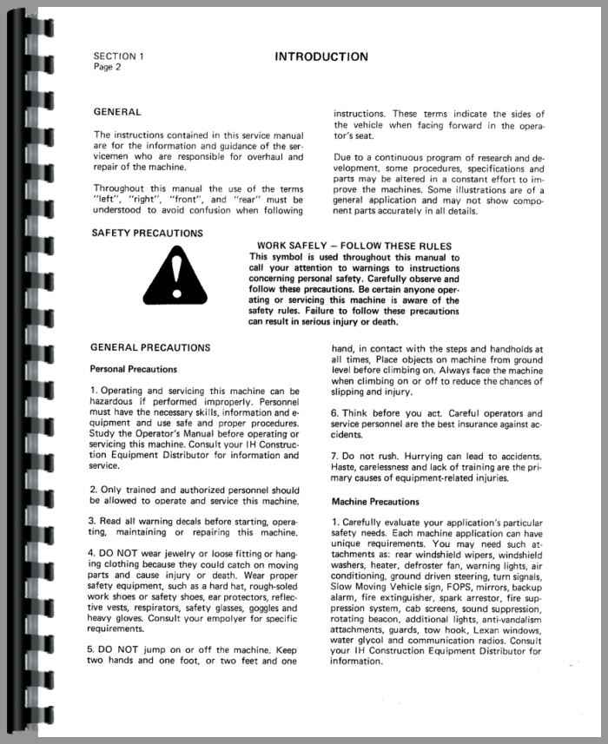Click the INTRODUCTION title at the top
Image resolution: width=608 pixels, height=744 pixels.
pos(321,57)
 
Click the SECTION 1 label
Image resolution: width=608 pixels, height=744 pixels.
pos(119,56)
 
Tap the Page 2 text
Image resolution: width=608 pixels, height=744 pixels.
pos(107,67)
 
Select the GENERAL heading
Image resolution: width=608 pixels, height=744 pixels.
pos(116,112)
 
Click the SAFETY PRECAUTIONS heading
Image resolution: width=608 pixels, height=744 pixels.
pos(147,233)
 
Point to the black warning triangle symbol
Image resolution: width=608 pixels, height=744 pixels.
pos(175,272)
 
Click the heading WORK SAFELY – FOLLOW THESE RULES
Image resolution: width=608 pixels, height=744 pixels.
pos(354,246)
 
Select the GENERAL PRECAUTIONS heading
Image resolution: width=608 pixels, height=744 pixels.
pos(149,347)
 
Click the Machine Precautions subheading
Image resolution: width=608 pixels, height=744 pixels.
pos(375,502)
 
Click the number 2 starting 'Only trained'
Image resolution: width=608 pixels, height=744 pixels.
pos(93,490)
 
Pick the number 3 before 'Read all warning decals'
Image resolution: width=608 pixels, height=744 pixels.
pos(93,521)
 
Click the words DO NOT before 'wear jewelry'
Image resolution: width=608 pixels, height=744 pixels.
pos(116,553)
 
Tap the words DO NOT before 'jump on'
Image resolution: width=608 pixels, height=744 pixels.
pos(116,649)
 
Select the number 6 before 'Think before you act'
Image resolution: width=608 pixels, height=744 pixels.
pos(334,413)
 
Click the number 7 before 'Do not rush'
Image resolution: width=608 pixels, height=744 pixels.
pos(334,456)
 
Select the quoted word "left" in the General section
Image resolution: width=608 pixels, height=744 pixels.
pos(105,199)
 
